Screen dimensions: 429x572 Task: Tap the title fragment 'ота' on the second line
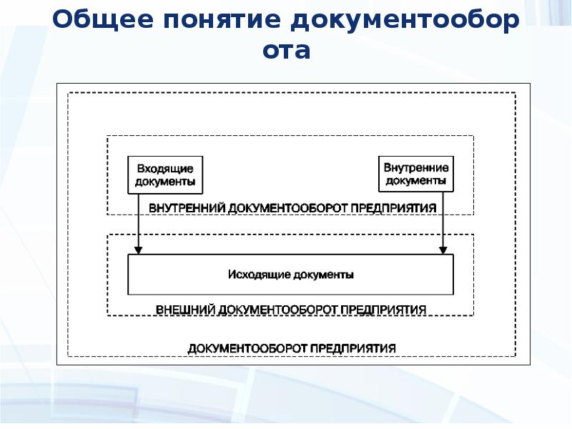[286, 51]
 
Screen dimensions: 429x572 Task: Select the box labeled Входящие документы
[164, 174]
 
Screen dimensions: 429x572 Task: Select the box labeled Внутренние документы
[416, 174]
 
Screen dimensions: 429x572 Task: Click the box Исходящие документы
[290, 274]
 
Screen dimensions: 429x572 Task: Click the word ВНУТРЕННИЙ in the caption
[187, 207]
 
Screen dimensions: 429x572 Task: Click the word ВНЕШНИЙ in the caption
[185, 310]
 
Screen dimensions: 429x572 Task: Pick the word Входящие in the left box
[164, 169]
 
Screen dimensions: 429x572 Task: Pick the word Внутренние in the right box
[416, 168]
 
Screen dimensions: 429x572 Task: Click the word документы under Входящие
[164, 182]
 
